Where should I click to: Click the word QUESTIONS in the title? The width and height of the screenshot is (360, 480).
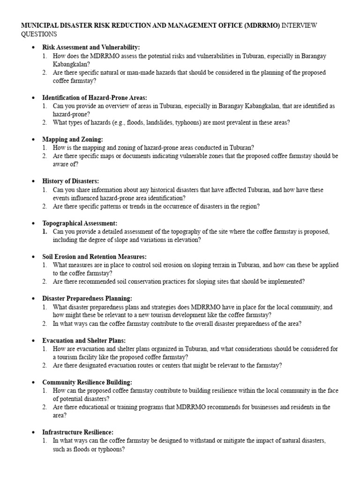(39, 34)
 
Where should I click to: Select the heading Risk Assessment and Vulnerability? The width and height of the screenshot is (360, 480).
(91, 47)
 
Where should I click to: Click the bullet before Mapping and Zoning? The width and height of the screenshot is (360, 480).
(33, 139)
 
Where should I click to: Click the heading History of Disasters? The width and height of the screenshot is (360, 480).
(70, 181)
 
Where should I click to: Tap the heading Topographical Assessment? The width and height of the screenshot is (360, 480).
(80, 223)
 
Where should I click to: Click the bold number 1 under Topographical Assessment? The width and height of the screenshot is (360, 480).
(45, 232)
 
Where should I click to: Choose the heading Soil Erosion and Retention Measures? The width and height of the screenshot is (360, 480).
(94, 256)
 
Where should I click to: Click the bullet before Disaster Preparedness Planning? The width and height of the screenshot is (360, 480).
(33, 299)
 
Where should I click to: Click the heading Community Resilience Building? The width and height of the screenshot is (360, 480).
(87, 382)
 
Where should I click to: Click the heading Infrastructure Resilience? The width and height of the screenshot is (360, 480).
(78, 432)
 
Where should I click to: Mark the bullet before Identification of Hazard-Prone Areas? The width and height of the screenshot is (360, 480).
(33, 97)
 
